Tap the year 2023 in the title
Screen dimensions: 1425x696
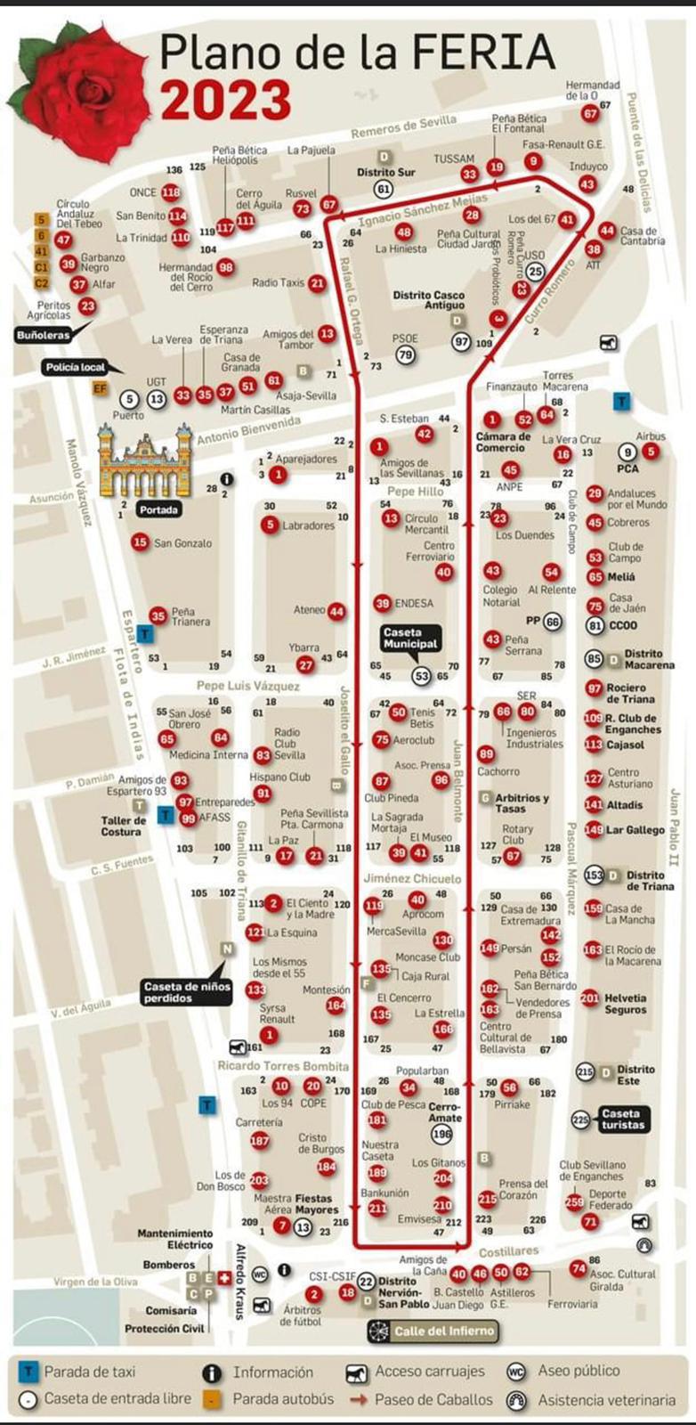click(x=226, y=100)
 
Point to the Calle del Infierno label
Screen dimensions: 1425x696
click(x=433, y=1331)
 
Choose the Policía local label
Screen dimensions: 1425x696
click(x=76, y=367)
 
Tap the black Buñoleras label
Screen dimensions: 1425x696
click(x=42, y=336)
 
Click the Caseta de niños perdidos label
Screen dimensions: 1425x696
click(x=187, y=992)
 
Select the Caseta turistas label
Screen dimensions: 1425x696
click(x=620, y=1119)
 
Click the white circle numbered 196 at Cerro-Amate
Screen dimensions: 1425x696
click(x=441, y=1134)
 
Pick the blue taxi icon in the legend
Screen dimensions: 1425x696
click(x=28, y=1372)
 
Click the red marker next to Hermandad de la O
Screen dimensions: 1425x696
click(x=590, y=114)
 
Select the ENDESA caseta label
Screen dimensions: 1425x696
click(x=414, y=603)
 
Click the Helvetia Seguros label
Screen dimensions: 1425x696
click(x=626, y=1004)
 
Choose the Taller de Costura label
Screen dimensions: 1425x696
click(x=123, y=826)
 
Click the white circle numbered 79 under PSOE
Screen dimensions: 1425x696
click(x=405, y=355)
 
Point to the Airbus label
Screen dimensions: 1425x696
click(x=651, y=436)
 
